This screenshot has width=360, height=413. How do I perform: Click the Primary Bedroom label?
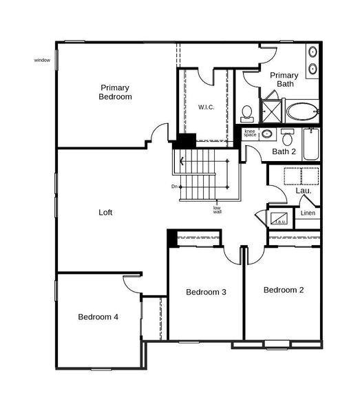pos(116,92)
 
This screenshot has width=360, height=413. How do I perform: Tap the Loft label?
pos(105,213)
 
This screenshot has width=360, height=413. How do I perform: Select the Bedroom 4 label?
pos(98,317)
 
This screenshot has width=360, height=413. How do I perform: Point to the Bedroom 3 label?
pos(207,293)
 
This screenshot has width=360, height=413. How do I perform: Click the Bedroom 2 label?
pos(284,290)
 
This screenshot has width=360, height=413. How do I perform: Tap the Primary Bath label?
pos(284,79)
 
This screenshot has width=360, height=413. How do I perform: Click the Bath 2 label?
pos(284,151)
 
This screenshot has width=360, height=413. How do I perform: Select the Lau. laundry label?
pos(304,191)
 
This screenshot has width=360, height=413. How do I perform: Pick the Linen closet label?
pos(308,213)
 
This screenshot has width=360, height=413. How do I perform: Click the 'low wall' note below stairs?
pos(217,210)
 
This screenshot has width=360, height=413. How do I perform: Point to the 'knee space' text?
pos(250,133)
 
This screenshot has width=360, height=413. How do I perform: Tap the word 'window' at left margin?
pos(42,61)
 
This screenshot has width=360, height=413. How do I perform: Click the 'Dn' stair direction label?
pos(175,187)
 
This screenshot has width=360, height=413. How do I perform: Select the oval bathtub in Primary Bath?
pos(301,111)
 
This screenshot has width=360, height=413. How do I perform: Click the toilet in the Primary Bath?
pos(247,112)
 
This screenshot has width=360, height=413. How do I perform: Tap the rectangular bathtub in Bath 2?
pos(311,145)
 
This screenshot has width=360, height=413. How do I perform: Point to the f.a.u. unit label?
pos(280,222)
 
